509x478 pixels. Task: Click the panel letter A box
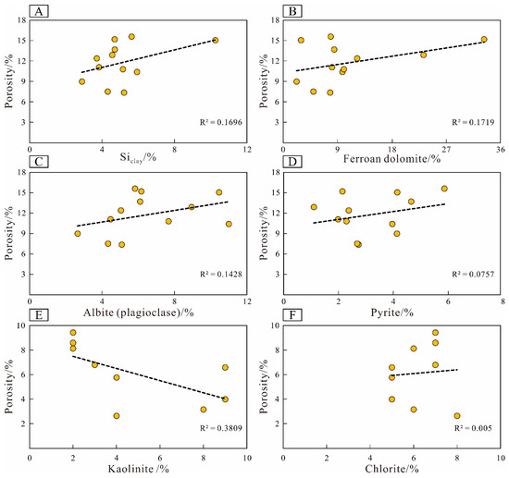click(42, 12)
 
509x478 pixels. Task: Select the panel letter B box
click(298, 12)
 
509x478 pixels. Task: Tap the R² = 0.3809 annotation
click(218, 430)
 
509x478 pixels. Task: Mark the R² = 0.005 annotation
click(477, 430)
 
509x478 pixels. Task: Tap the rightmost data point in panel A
click(215, 40)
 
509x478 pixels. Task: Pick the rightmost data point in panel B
click(484, 40)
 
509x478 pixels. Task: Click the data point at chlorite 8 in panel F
click(457, 416)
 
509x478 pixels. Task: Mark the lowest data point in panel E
click(117, 416)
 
